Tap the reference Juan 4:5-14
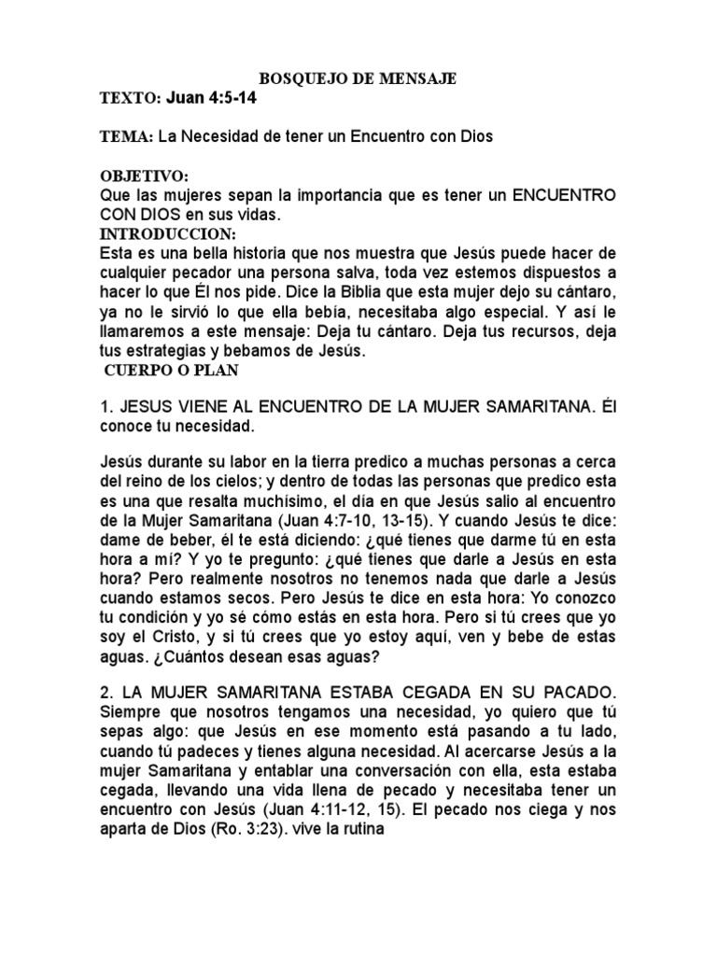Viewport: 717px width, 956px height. (x=211, y=98)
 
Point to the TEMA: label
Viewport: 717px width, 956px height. (x=127, y=137)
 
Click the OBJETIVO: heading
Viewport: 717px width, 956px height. (x=144, y=176)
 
